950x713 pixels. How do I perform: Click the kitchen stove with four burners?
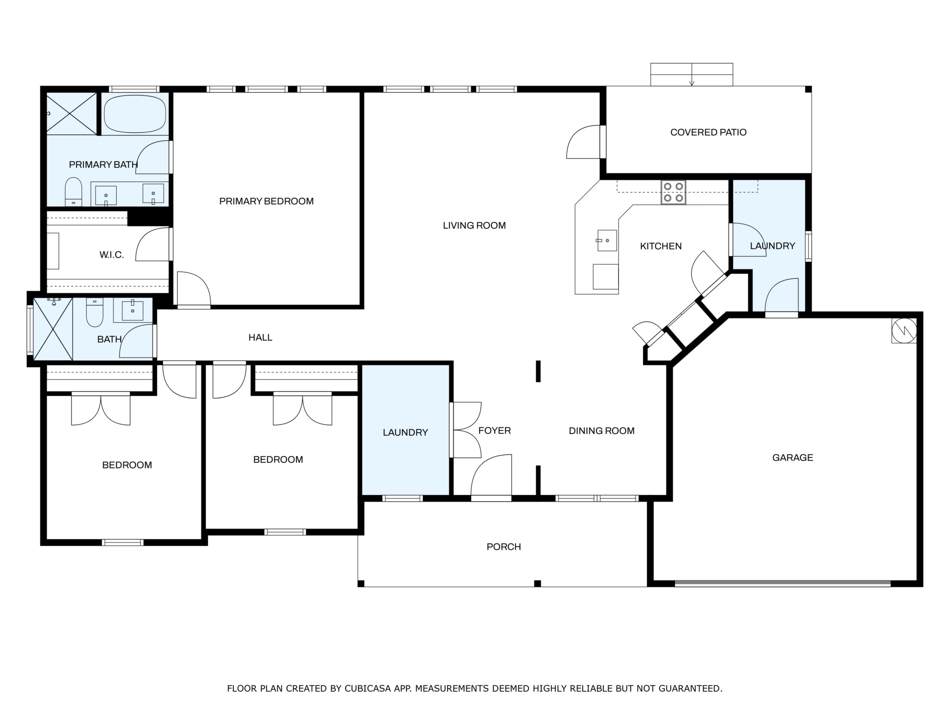coord(673,192)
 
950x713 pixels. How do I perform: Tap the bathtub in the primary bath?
coord(135,114)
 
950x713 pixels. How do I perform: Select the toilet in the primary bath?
coord(73,192)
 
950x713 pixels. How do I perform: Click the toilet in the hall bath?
coord(94,312)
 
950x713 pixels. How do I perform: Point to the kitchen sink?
coord(607,240)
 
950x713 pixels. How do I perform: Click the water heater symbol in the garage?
coord(904,331)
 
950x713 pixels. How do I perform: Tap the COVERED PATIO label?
coord(708,133)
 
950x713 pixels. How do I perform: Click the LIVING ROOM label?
coord(474,225)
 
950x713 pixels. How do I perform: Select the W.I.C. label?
coord(112,255)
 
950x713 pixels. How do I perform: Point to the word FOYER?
coord(494,430)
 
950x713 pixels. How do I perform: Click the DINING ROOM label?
coord(601,431)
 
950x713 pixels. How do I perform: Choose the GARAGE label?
coord(792,458)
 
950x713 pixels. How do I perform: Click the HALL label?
coord(260,337)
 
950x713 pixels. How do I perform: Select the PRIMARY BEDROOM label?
coord(266,201)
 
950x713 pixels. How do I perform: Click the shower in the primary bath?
coord(71,114)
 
